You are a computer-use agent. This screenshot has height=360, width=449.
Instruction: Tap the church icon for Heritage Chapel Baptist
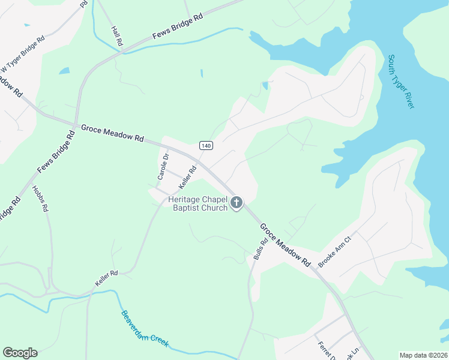pyautogui.click(x=237, y=203)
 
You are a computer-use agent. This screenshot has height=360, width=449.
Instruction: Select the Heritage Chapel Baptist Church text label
pyautogui.click(x=198, y=203)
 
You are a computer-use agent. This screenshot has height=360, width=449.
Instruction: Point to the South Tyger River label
pyautogui.click(x=401, y=82)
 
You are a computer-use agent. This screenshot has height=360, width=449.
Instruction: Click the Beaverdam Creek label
pyautogui.click(x=145, y=329)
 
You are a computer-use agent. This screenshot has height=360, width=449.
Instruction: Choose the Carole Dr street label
pyautogui.click(x=162, y=167)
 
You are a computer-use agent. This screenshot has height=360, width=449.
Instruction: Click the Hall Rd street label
pyautogui.click(x=116, y=35)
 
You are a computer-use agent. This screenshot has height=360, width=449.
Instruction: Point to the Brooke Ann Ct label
pyautogui.click(x=334, y=256)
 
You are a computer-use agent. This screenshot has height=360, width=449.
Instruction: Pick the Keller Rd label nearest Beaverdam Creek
pyautogui.click(x=106, y=278)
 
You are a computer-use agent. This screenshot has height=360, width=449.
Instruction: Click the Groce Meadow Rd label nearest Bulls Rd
pyautogui.click(x=285, y=245)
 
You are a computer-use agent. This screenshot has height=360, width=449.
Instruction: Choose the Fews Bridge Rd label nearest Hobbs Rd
pyautogui.click(x=55, y=154)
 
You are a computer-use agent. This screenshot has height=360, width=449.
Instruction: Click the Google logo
pyautogui.click(x=20, y=353)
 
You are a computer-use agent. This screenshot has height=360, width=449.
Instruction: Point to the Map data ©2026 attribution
pyautogui.click(x=423, y=355)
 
